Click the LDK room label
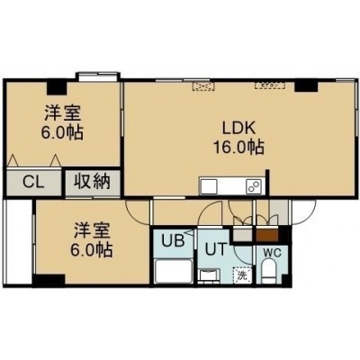click(238, 128)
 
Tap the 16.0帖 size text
click(238, 147)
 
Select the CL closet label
click(33, 182)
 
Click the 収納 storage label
click(92, 181)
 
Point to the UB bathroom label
click(173, 240)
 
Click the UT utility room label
click(215, 248)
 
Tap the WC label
click(272, 253)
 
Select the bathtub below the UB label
click(174, 271)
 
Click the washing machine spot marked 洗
click(242, 274)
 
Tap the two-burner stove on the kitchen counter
click(255, 186)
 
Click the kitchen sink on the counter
click(209, 186)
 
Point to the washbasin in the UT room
click(210, 275)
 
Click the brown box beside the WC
click(267, 235)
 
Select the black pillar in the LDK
click(306, 85)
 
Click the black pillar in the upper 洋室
click(57, 87)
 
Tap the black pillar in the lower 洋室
click(49, 280)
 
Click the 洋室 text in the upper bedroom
click(62, 113)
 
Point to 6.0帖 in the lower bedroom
click(92, 248)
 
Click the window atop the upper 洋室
click(98, 76)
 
